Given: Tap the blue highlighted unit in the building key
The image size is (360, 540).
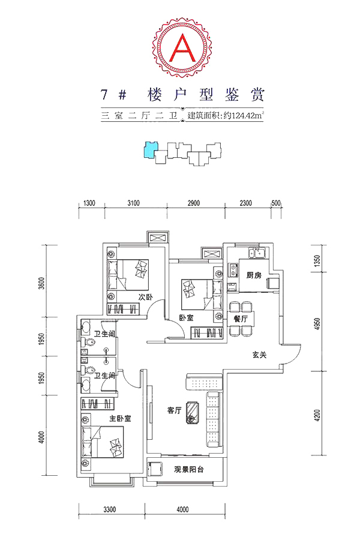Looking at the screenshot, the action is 150,149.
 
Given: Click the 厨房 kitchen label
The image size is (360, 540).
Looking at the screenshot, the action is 254,275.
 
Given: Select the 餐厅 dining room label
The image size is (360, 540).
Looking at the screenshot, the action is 241,319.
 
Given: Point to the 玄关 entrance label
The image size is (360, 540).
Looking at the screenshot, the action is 259,355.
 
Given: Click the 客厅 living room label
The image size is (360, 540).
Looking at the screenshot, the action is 175,410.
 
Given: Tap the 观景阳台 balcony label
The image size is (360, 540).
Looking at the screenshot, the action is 188,469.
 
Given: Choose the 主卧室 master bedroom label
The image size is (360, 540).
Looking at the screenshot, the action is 120,419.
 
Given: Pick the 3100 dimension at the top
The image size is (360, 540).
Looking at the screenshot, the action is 133,203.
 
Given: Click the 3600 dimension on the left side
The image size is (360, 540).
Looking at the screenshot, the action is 41,283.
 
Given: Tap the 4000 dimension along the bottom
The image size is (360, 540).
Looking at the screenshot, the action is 182,509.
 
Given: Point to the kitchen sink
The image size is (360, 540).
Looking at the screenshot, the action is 257,253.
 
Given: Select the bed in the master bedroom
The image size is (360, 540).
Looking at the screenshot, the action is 103,442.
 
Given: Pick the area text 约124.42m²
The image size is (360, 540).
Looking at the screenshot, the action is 244,115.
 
